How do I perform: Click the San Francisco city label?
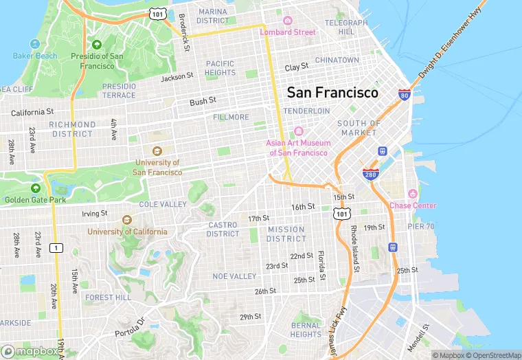pyautogui.click(x=332, y=92)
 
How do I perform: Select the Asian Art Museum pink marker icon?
pyautogui.click(x=298, y=131)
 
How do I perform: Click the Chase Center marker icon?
pyautogui.click(x=412, y=194)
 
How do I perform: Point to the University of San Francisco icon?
pyautogui.click(x=156, y=151)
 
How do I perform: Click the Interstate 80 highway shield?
pyautogui.click(x=405, y=95)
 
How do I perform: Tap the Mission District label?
pyautogui.click(x=286, y=234)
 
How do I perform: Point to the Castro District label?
pyautogui.click(x=223, y=229)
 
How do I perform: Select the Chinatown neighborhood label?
pyautogui.click(x=337, y=60)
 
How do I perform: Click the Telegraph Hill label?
pyautogui.click(x=341, y=27)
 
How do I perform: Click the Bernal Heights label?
pyautogui.click(x=306, y=330)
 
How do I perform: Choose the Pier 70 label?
pyautogui.click(x=420, y=225)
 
